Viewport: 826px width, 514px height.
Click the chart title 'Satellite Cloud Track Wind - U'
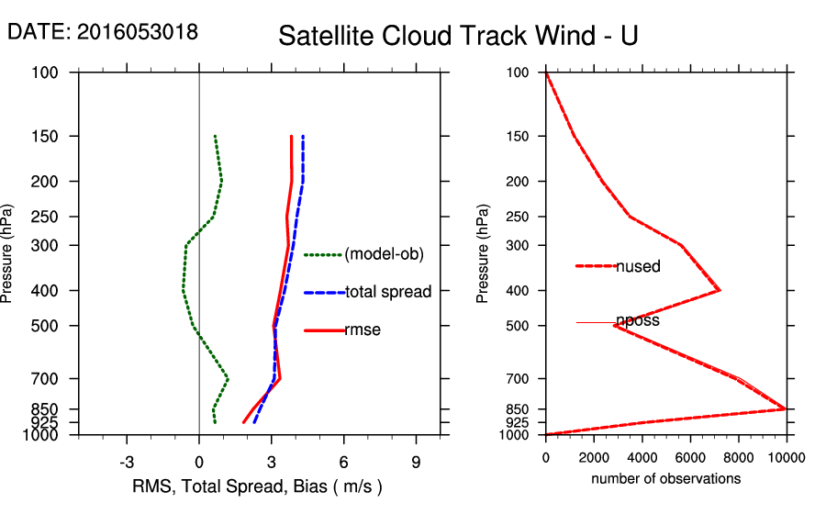point(458,37)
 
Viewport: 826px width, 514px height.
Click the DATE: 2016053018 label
point(103,31)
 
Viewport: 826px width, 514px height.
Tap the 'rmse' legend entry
point(363,330)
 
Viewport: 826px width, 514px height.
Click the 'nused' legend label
point(639,266)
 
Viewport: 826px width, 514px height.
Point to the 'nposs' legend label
point(638,321)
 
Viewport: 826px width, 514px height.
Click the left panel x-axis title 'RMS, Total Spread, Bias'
point(257,486)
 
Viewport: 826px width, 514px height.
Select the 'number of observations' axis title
point(665,479)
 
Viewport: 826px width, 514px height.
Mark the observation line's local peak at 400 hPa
point(720,290)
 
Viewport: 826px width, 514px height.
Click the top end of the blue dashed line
point(303,137)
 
